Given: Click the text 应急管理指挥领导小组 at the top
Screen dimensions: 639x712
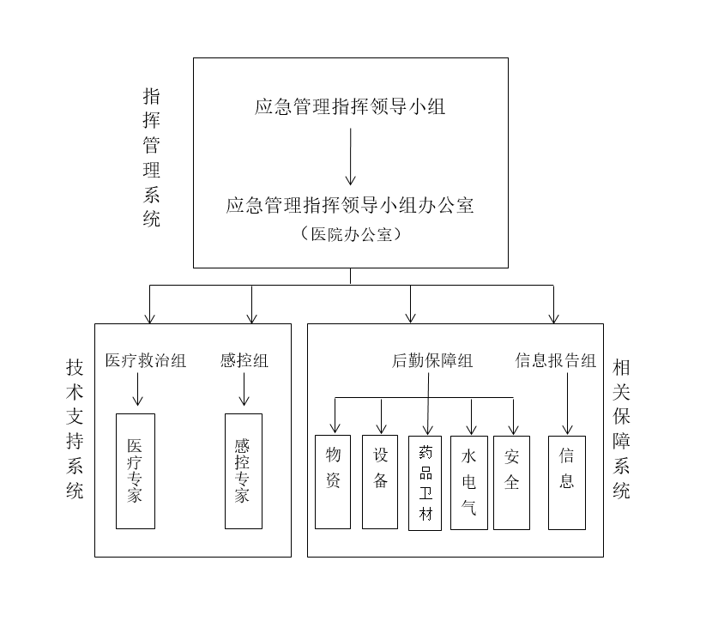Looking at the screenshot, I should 350,107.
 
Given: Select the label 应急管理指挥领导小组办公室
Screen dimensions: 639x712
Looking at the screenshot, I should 350,206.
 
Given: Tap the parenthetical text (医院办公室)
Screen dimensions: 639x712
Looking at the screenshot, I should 350,233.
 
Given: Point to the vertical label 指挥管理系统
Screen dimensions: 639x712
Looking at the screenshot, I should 152,156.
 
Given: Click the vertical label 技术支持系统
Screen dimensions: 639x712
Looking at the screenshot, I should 75,429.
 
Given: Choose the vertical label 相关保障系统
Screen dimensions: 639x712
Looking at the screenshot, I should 622,429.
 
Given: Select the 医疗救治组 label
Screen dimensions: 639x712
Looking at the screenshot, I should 146,360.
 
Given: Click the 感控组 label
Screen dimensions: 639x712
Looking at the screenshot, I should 244,360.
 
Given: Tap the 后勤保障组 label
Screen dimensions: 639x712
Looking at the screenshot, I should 432,361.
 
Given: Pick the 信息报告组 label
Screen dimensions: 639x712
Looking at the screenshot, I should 556,361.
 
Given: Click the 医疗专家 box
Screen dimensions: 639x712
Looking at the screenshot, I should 136,471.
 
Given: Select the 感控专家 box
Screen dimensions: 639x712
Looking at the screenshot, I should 244,471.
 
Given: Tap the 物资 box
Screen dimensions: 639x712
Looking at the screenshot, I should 333,481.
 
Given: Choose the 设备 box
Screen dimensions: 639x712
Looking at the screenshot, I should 380,481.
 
